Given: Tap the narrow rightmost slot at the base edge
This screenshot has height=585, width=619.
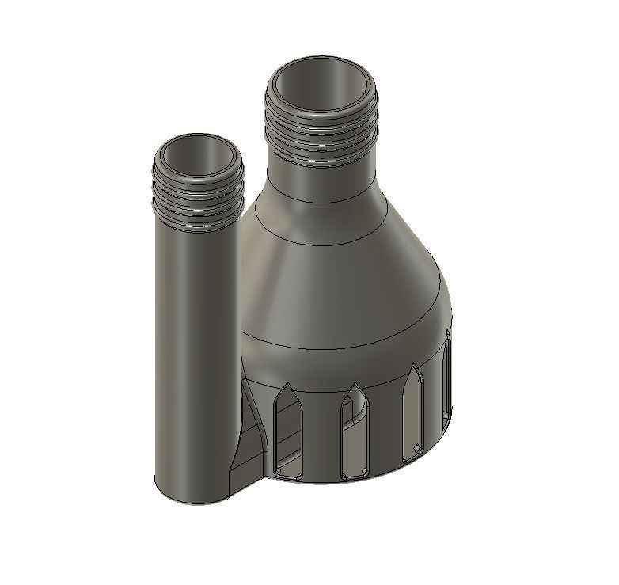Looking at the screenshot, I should (x=449, y=376).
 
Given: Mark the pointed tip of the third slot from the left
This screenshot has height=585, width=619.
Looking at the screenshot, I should (x=414, y=368).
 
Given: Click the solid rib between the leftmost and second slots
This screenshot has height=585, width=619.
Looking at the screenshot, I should (x=321, y=435).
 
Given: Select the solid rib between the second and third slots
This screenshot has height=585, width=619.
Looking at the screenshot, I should (x=385, y=431).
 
